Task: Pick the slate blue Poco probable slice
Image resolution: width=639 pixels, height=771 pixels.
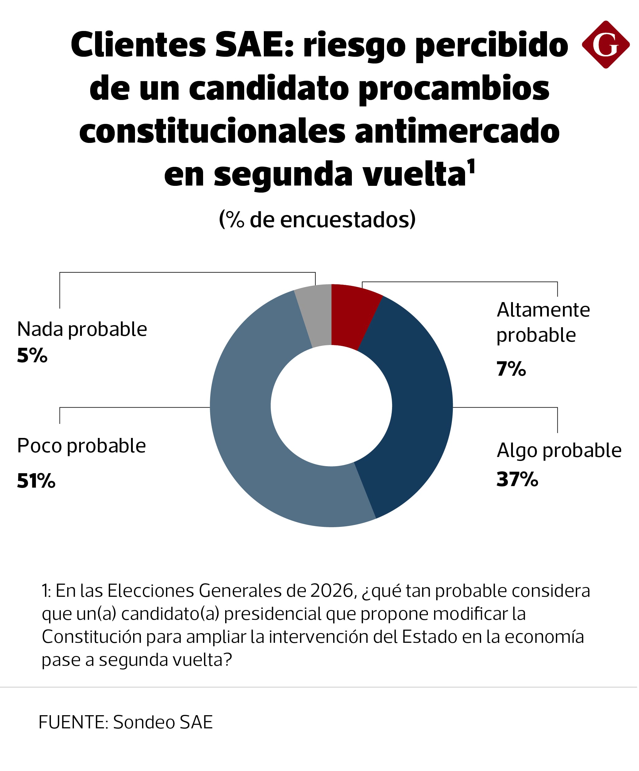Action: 250,422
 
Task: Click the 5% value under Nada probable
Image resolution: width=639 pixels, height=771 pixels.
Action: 32,355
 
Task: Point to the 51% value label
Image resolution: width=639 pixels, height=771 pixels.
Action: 36,481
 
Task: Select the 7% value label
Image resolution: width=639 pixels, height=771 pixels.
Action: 511,369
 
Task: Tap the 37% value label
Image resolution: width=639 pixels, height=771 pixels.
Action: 517,479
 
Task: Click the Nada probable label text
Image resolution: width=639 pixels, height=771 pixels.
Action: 82,329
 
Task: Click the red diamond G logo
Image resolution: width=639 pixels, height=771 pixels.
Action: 606,44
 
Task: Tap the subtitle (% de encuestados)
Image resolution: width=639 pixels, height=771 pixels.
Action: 317,220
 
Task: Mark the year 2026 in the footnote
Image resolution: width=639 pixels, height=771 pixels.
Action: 332,591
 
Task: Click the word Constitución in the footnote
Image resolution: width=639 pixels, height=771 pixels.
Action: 91,637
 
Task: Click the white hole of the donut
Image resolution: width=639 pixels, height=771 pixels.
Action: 331,406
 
